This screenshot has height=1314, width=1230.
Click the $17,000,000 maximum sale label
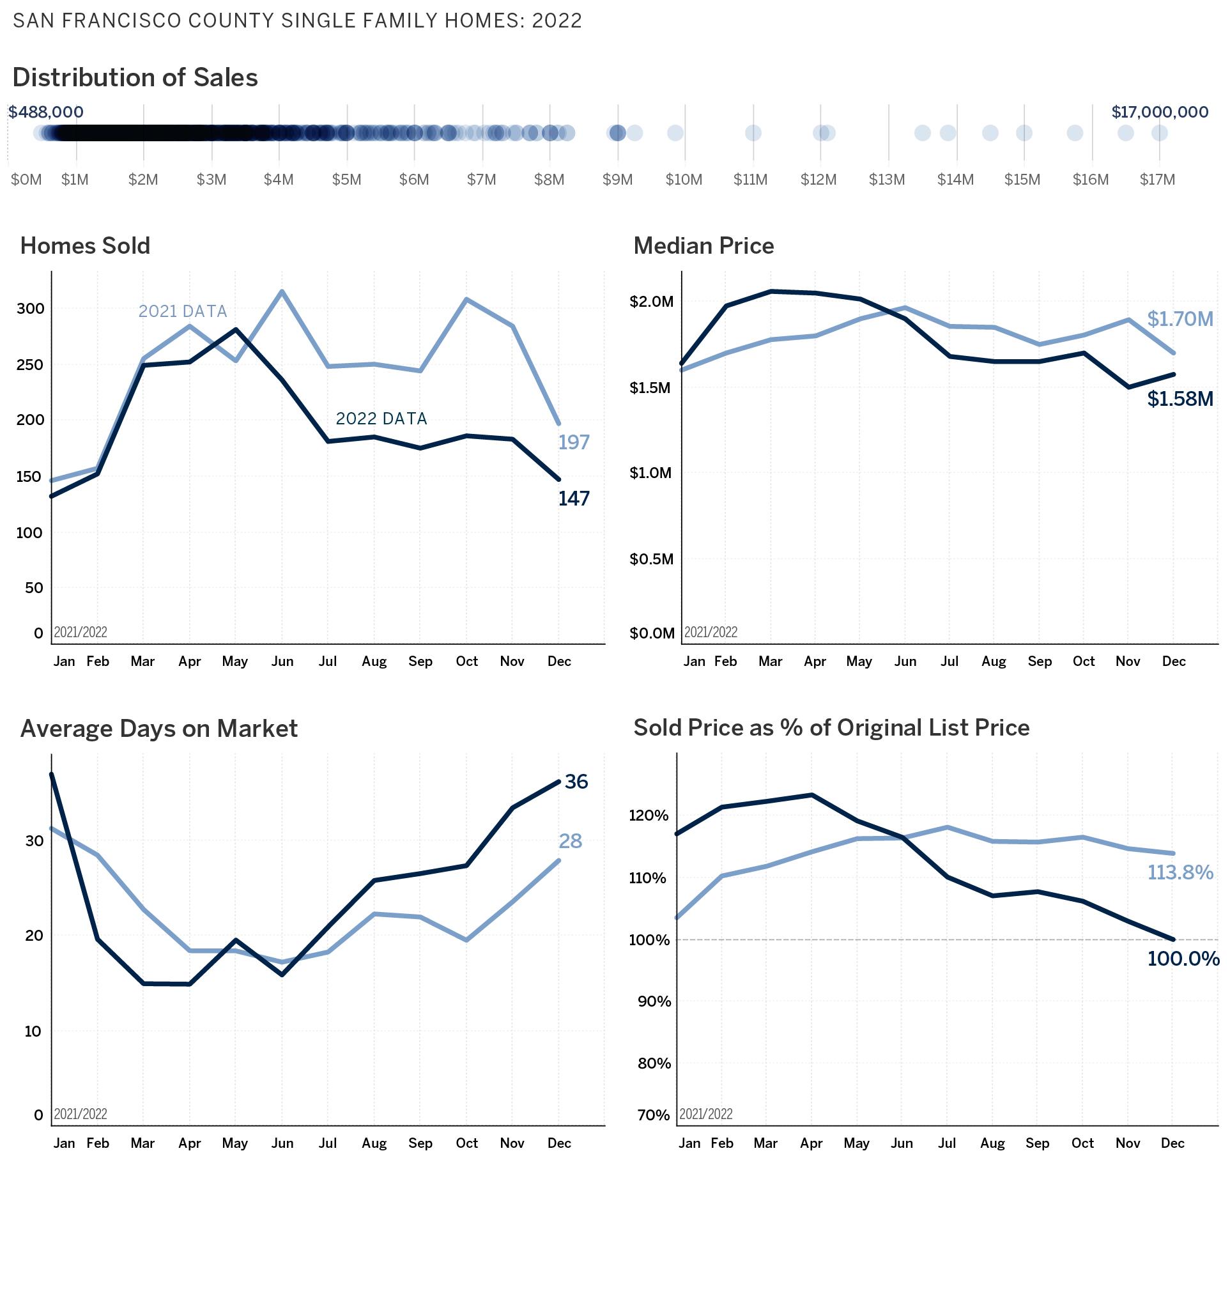tap(1159, 112)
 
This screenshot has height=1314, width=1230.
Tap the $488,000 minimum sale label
tap(45, 112)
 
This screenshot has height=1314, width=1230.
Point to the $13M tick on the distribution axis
tap(886, 180)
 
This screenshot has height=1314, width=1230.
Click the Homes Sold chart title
tap(85, 246)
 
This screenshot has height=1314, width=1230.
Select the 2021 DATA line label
tap(182, 311)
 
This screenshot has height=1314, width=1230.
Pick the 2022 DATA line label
tap(381, 419)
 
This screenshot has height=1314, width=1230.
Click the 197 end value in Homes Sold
tap(573, 442)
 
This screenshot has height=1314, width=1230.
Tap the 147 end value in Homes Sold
tap(573, 499)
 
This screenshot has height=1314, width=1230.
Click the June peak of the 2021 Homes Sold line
tap(282, 291)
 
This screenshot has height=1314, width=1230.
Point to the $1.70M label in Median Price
tap(1180, 320)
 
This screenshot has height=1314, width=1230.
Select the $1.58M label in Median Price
tap(1180, 399)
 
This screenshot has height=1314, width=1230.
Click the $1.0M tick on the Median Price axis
tap(650, 473)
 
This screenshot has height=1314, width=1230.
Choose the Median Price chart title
tap(703, 246)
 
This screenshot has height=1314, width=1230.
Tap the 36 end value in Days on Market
tap(576, 782)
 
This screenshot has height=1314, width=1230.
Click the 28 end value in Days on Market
tap(570, 842)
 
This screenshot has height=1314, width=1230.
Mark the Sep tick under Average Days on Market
tap(420, 1143)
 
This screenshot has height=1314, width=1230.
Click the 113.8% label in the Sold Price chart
tap(1180, 872)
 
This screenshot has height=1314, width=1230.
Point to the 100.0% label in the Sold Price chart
tap(1183, 959)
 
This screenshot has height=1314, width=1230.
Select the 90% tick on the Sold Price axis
tap(654, 1001)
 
